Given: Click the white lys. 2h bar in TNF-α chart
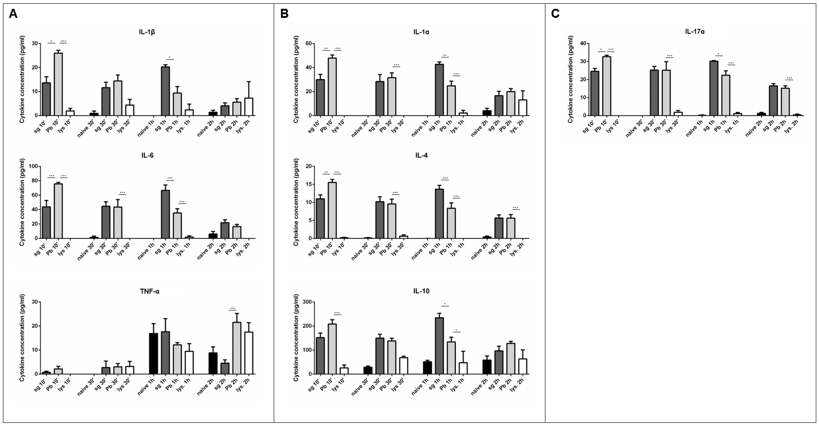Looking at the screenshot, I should pyautogui.click(x=249, y=353).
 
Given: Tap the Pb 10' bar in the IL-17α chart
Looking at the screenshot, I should pyautogui.click(x=606, y=86).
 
